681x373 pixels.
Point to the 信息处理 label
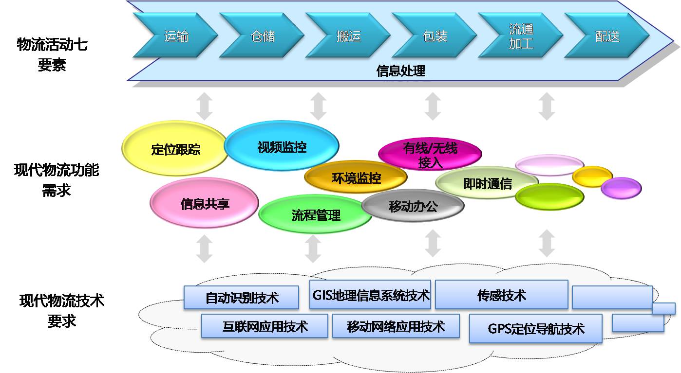click(401, 71)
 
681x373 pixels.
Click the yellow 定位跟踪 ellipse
click(175, 148)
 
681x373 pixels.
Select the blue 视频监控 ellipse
click(282, 146)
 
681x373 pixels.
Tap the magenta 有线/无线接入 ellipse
click(430, 154)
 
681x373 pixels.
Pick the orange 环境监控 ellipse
click(356, 177)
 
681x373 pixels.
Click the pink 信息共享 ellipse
click(204, 203)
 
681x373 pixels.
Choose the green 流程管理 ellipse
click(315, 214)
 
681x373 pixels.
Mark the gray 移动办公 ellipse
click(413, 206)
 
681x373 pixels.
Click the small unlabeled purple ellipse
click(622, 188)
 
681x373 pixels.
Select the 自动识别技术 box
click(242, 298)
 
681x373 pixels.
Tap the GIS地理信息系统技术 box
click(370, 295)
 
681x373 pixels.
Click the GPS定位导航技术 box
click(536, 329)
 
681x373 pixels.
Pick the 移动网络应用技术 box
click(396, 326)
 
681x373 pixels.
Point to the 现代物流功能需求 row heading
click(57, 180)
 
